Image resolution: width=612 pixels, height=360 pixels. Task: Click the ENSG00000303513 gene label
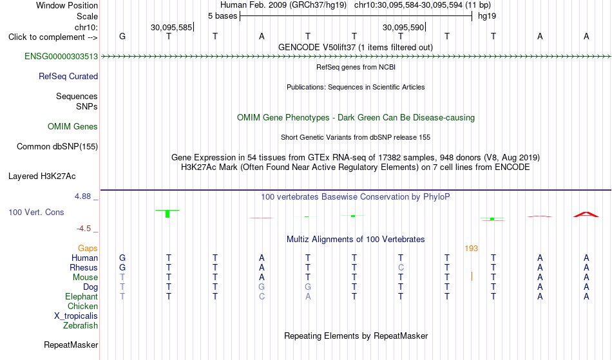(x=61, y=57)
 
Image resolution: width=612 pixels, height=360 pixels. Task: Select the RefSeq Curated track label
(x=68, y=77)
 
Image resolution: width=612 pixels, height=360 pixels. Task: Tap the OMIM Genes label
(x=73, y=127)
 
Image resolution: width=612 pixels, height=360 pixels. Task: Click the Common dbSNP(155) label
(x=57, y=147)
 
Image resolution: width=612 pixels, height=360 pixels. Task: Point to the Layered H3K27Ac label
(x=42, y=176)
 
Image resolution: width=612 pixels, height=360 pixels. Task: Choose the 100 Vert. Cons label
(x=36, y=212)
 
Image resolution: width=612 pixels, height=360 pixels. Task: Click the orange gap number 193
(x=471, y=249)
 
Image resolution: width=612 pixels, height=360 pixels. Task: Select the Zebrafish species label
(x=81, y=326)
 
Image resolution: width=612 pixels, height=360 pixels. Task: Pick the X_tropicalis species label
(x=76, y=316)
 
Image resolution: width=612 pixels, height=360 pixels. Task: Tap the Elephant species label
(x=81, y=297)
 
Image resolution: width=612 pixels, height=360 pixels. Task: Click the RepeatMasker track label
(x=71, y=345)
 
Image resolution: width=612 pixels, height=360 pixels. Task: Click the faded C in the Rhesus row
(x=401, y=268)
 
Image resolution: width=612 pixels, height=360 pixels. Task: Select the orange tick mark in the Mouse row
(x=472, y=276)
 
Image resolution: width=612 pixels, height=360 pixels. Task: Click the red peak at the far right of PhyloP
(x=586, y=214)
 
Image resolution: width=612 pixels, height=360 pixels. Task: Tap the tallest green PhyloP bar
(x=167, y=214)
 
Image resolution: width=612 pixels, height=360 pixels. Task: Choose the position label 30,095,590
(x=403, y=27)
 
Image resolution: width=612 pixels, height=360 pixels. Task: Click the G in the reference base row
(x=122, y=37)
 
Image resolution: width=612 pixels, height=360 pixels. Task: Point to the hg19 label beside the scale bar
(x=487, y=16)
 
